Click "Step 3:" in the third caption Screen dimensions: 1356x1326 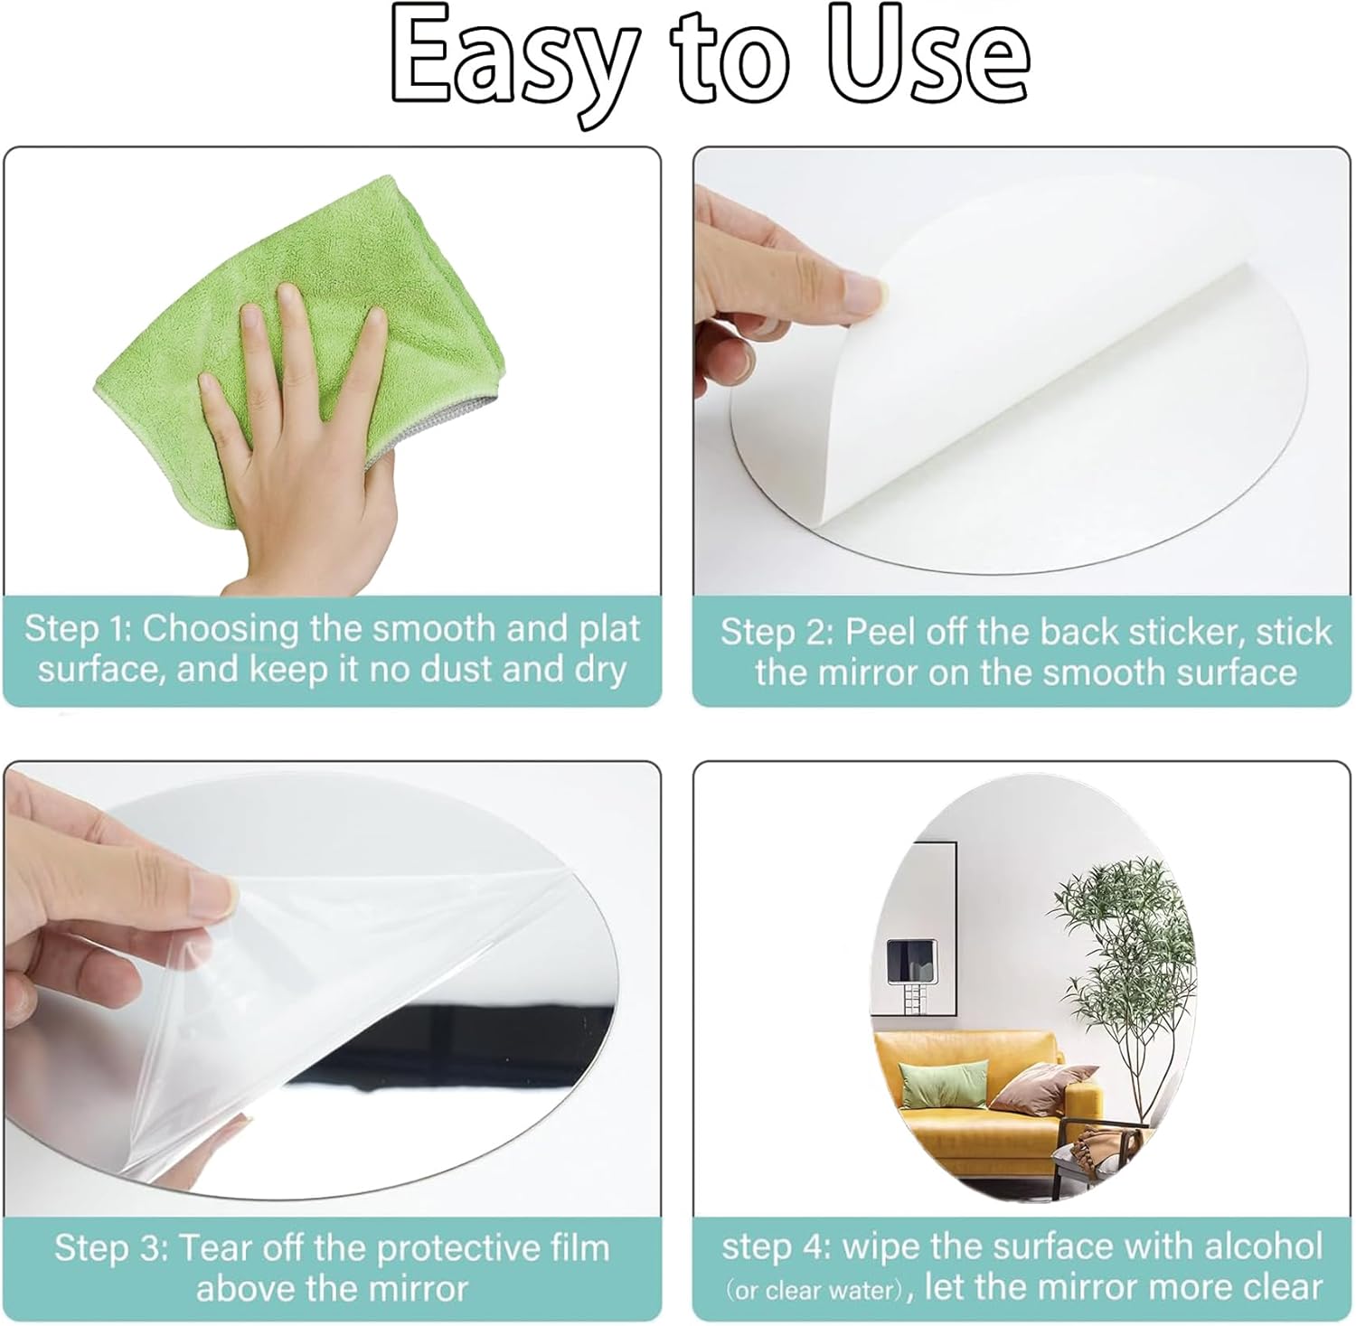pyautogui.click(x=112, y=1248)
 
